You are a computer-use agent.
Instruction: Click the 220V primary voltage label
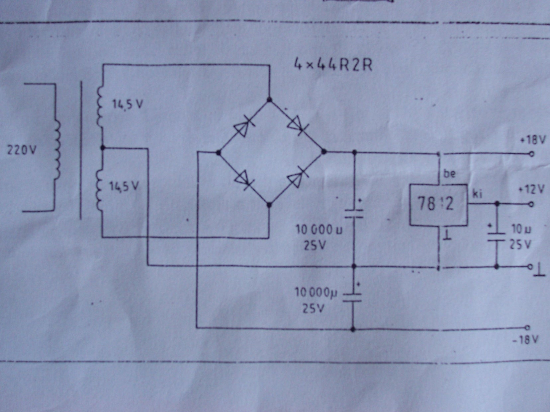pyautogui.click(x=21, y=151)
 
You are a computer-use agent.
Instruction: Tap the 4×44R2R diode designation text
pyautogui.click(x=333, y=64)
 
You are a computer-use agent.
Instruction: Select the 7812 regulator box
pyautogui.click(x=438, y=205)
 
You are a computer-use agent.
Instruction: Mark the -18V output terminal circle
pyautogui.click(x=527, y=328)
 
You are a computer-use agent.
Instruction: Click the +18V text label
pyautogui.click(x=532, y=140)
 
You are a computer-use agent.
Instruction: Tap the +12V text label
pyautogui.click(x=531, y=190)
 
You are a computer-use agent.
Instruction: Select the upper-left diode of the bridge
pyautogui.click(x=243, y=126)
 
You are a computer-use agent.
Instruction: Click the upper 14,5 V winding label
pyautogui.click(x=127, y=104)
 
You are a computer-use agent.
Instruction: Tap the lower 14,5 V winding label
pyautogui.click(x=125, y=186)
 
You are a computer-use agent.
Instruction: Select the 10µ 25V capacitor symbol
pyautogui.click(x=497, y=237)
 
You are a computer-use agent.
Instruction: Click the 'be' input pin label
pyautogui.click(x=450, y=173)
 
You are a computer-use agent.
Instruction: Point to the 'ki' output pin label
pyautogui.click(x=477, y=194)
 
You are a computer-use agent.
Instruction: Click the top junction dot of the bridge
pyautogui.click(x=269, y=99)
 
